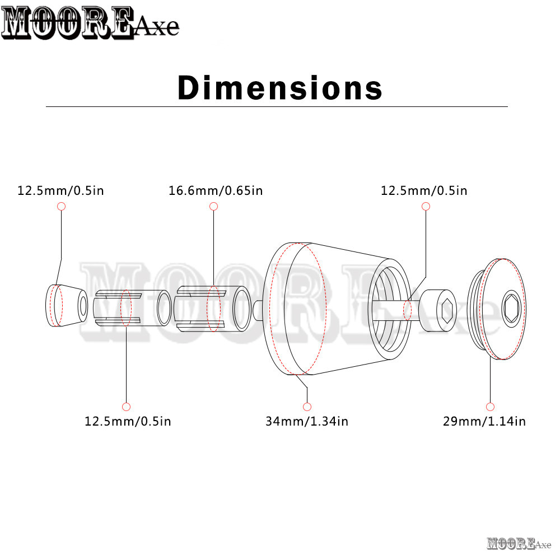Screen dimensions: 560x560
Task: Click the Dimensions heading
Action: pyautogui.click(x=280, y=87)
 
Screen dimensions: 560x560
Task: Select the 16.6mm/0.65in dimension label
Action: pyautogui.click(x=216, y=191)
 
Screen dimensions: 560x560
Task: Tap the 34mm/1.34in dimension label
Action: pyautogui.click(x=307, y=422)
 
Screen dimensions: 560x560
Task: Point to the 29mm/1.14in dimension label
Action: pyautogui.click(x=484, y=422)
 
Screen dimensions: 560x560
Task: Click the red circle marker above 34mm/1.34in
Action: pyautogui.click(x=307, y=407)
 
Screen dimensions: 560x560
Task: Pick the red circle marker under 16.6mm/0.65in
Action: pyautogui.click(x=213, y=206)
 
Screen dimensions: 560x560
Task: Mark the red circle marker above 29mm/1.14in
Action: pyautogui.click(x=491, y=407)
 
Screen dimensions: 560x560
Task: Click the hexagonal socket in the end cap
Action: pyautogui.click(x=512, y=309)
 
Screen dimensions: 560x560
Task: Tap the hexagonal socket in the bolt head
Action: pyautogui.click(x=447, y=310)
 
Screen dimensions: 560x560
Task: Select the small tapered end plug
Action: pyautogui.click(x=67, y=305)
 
